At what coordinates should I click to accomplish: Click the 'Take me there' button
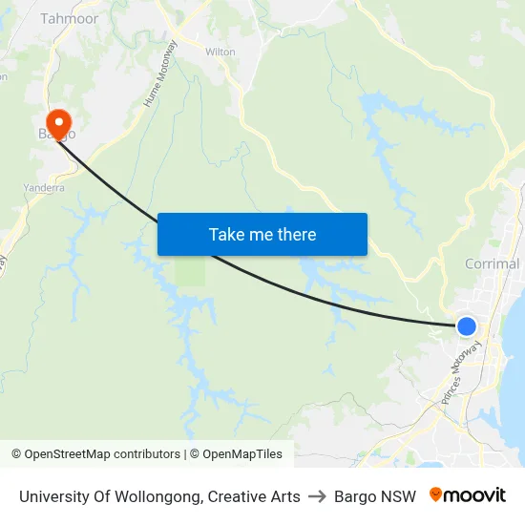[262, 235]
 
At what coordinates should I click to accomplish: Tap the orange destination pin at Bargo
[58, 123]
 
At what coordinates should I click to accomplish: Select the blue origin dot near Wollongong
[467, 326]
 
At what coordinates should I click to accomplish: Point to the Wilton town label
[220, 52]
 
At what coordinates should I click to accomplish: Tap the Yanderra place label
[44, 188]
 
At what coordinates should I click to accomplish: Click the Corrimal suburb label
[493, 263]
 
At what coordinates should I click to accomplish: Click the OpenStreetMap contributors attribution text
[102, 454]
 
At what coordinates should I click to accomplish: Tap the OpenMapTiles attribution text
[242, 454]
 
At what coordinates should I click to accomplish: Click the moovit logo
[467, 495]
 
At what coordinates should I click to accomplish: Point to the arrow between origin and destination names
[317, 496]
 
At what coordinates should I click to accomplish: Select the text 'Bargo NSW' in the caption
[375, 496]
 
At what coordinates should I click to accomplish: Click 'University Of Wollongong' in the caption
[110, 496]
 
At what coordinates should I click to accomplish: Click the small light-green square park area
[190, 272]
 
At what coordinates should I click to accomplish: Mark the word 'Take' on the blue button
[226, 235]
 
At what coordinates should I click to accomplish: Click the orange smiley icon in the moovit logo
[436, 494]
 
